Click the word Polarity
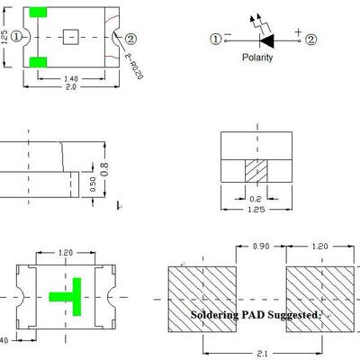[257, 58]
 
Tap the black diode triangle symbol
[267, 40]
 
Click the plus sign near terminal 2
[298, 31]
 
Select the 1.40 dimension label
[71, 79]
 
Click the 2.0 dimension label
[71, 87]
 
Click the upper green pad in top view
[38, 13]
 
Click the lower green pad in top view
[38, 62]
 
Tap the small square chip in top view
[71, 37]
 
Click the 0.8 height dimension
[104, 169]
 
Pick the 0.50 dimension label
[93, 184]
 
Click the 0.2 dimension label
[256, 199]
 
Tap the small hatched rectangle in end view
[256, 171]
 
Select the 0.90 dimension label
[261, 247]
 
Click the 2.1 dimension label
[262, 354]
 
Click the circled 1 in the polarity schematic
[215, 40]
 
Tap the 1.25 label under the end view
[256, 210]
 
